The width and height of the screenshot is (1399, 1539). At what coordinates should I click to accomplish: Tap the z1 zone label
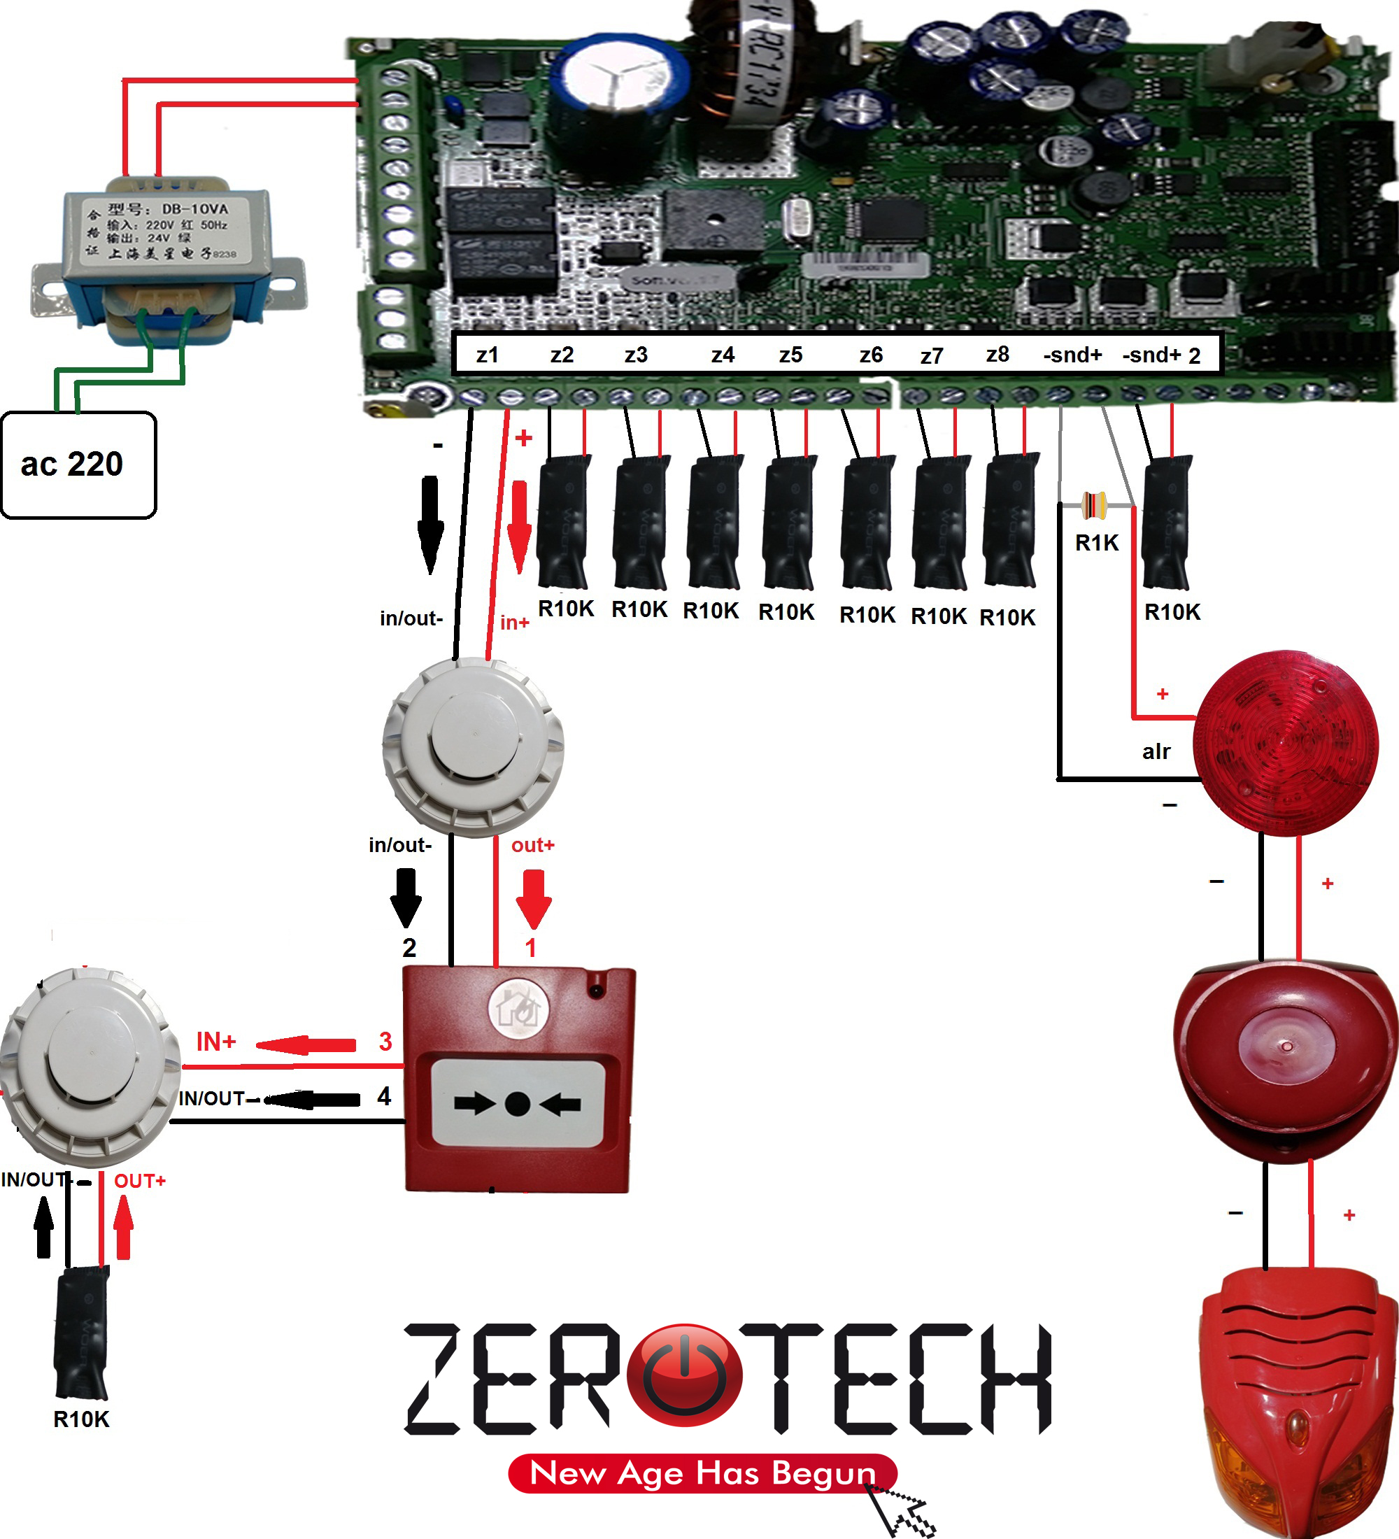tap(487, 355)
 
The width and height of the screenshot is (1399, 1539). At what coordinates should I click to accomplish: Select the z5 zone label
tap(790, 355)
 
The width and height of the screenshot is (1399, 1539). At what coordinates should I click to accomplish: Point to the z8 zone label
tap(997, 354)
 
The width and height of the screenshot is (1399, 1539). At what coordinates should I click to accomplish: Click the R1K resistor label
tap(1096, 543)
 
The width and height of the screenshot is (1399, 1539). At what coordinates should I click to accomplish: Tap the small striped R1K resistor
tap(1095, 504)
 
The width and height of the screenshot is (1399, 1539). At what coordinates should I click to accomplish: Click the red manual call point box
tap(519, 1079)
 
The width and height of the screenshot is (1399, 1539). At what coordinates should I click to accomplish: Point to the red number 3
tap(385, 1041)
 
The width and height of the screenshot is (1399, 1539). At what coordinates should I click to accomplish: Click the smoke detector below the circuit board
tap(473, 746)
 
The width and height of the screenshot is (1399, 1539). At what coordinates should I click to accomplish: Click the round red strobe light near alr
tap(1287, 742)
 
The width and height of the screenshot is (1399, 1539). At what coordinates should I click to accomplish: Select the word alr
tap(1156, 752)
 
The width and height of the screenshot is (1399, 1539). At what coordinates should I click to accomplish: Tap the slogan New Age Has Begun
tap(702, 1473)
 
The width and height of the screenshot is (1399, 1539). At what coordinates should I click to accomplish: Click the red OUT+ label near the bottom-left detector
tap(140, 1181)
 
